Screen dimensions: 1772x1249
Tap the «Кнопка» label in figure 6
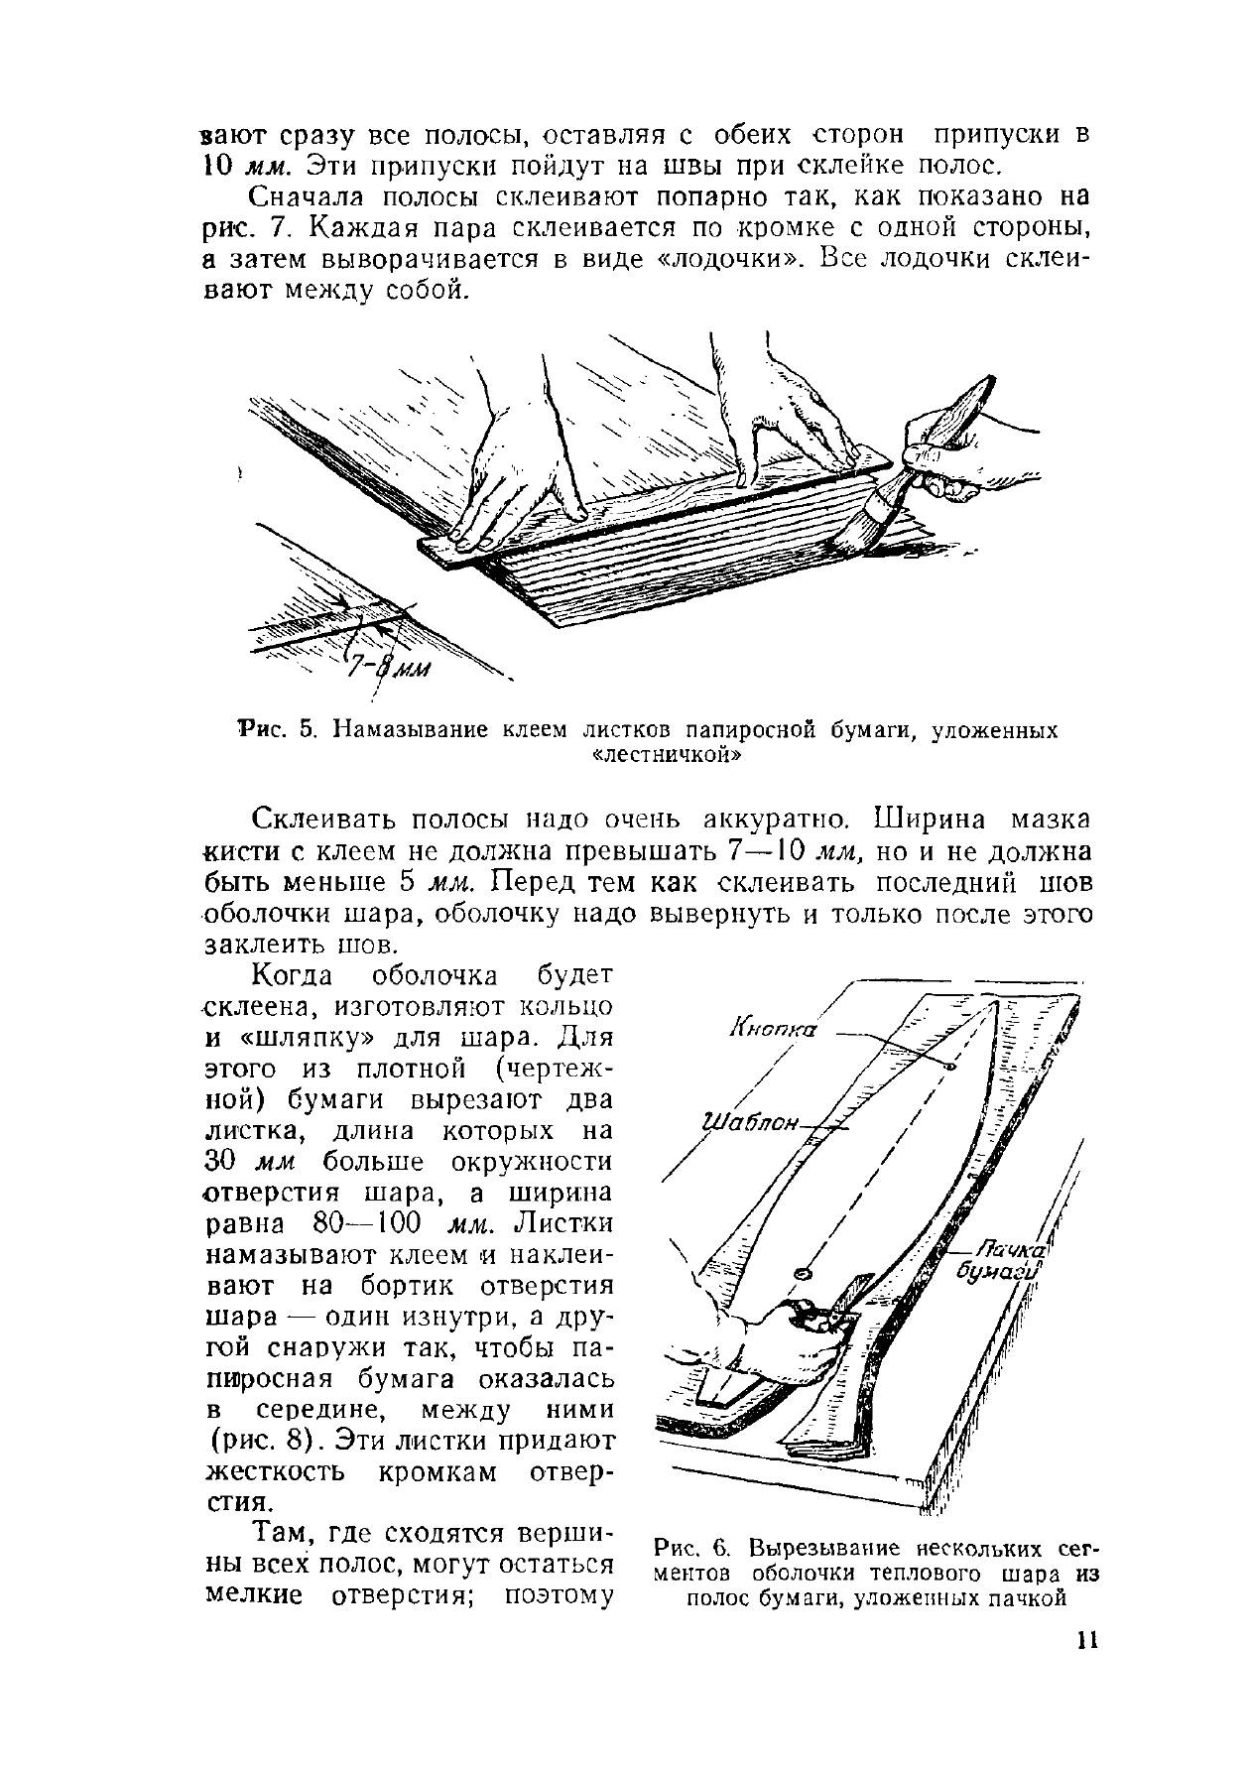773,1029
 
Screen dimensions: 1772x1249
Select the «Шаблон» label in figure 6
751,1123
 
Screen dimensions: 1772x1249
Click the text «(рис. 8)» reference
265,1439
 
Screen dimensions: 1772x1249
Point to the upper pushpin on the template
949,1067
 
